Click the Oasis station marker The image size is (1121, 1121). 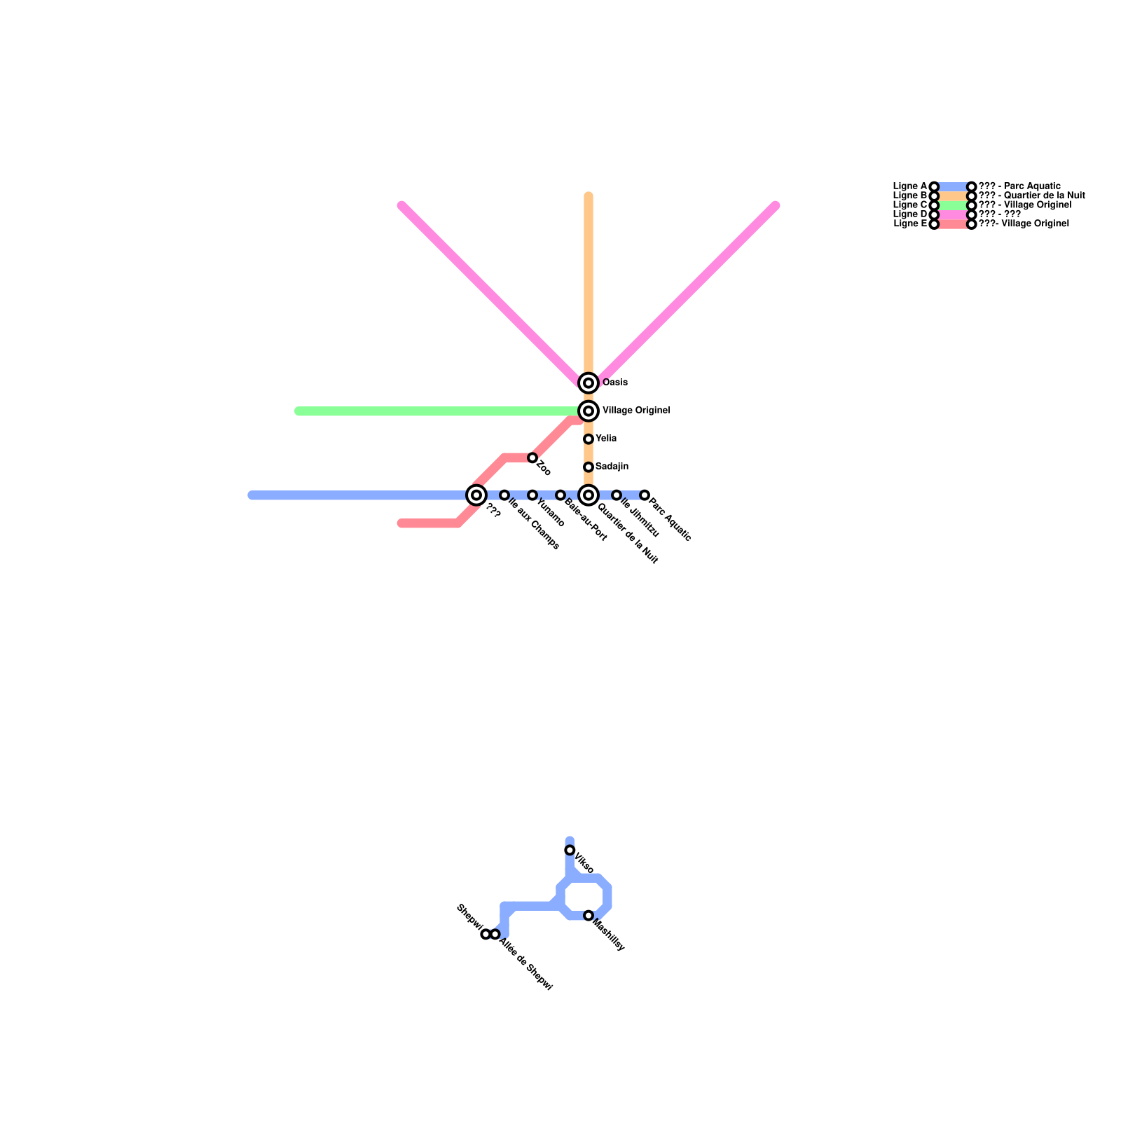[x=589, y=383]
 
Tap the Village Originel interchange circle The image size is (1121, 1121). [x=589, y=411]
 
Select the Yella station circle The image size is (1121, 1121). [x=589, y=439]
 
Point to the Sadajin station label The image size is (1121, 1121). [x=612, y=467]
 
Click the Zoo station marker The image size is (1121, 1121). [x=532, y=458]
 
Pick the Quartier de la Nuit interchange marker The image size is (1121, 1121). [x=589, y=495]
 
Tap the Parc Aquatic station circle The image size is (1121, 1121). [x=645, y=495]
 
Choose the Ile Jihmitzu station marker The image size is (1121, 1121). [x=617, y=495]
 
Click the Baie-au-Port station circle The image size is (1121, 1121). [x=560, y=495]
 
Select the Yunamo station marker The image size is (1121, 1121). [x=532, y=495]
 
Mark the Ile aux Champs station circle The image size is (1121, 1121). [x=504, y=495]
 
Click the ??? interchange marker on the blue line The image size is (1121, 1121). [x=476, y=495]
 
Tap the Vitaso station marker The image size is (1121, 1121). [x=570, y=851]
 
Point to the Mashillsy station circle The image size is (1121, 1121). [x=589, y=916]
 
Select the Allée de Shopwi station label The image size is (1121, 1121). [x=525, y=965]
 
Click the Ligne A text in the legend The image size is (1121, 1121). [x=910, y=186]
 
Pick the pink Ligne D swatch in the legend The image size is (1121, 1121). [x=953, y=214]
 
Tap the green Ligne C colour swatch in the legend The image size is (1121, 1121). [x=953, y=205]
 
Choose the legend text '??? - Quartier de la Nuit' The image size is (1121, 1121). [x=1031, y=195]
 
